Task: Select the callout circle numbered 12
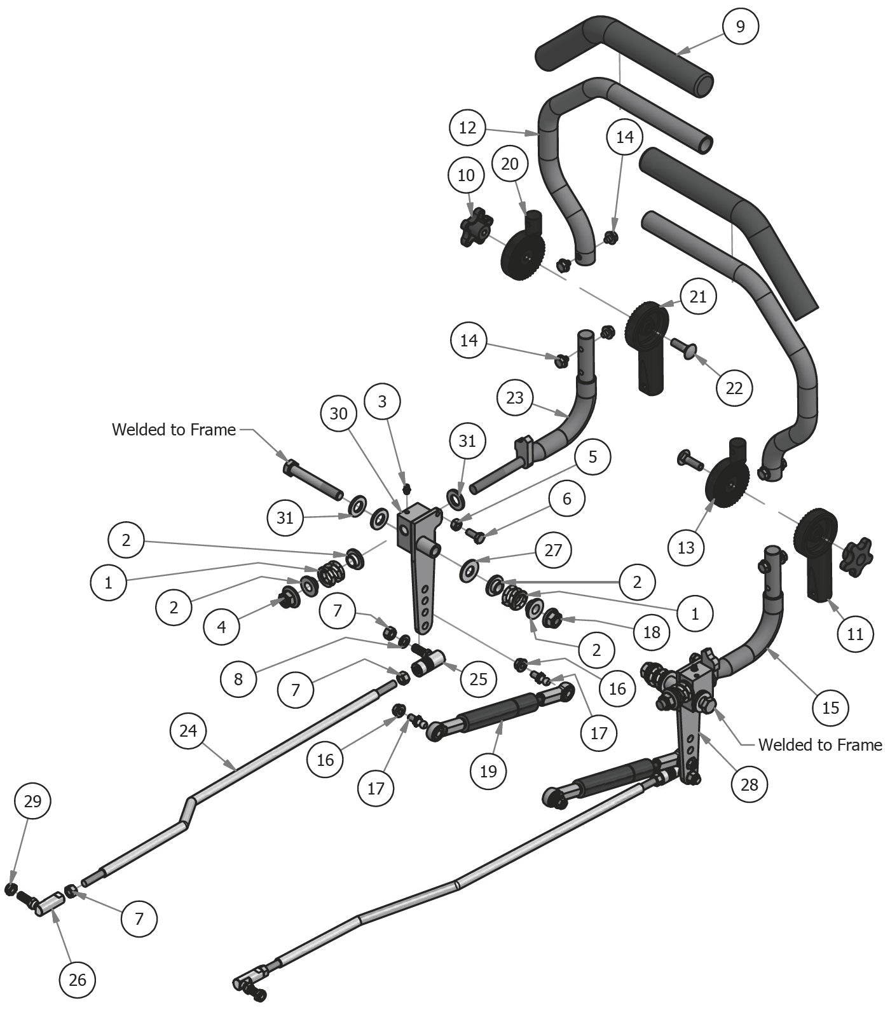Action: click(467, 128)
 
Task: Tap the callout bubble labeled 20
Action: click(510, 164)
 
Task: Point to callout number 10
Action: click(466, 175)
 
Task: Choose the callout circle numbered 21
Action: click(698, 297)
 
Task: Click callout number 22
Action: click(734, 388)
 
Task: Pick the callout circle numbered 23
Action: click(515, 398)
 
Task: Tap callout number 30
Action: click(339, 414)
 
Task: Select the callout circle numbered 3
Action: click(382, 401)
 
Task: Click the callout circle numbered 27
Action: click(553, 550)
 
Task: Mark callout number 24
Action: click(188, 731)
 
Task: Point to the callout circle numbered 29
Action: click(32, 802)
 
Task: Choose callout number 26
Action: click(77, 979)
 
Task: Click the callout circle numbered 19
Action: click(488, 771)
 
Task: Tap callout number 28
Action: click(750, 784)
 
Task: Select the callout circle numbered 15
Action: click(831, 707)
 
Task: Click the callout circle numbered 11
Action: click(856, 634)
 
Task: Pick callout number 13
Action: click(686, 547)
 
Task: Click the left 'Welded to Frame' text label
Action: click(174, 430)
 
